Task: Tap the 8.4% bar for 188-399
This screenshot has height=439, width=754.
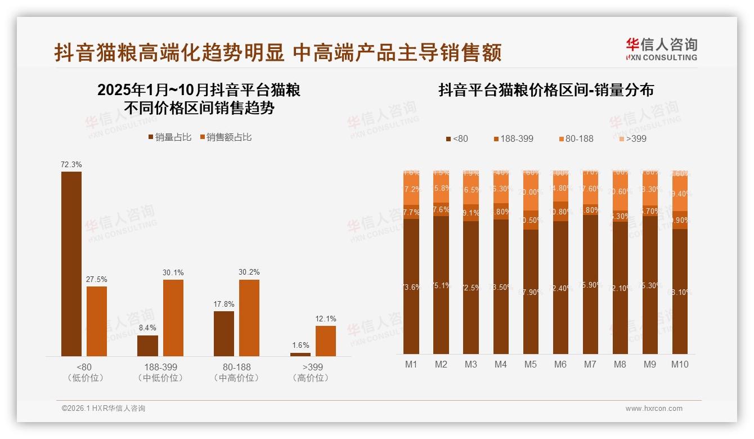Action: tap(147, 346)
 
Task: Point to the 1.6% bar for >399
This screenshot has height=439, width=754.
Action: tap(300, 354)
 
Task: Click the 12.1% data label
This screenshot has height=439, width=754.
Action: tap(326, 319)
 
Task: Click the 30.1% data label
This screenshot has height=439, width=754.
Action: tap(173, 272)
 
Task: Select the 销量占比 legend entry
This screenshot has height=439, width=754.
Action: tap(169, 137)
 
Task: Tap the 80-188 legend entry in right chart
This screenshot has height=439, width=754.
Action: tap(576, 138)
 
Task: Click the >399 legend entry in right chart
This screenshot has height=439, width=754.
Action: tap(632, 138)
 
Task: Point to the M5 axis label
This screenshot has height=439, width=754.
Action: tap(530, 364)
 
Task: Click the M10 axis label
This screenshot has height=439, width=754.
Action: tap(680, 364)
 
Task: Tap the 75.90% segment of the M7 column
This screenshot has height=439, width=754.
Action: tap(590, 284)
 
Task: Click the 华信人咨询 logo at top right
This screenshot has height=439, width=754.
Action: tap(661, 49)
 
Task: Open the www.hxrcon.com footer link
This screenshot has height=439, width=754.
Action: tap(654, 409)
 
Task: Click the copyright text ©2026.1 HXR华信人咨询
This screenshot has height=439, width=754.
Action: tap(104, 409)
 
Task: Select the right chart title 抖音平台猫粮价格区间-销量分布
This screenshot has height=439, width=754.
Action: tap(546, 91)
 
